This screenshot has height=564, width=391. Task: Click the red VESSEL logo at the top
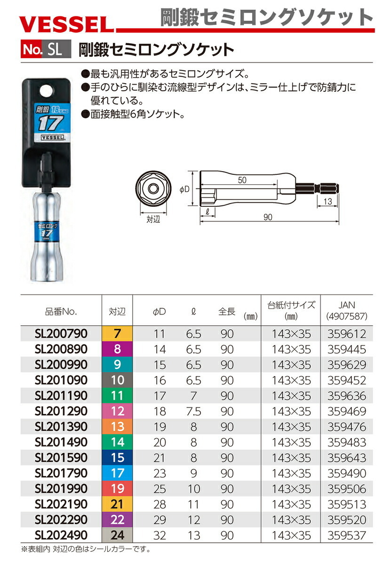coord(66,24)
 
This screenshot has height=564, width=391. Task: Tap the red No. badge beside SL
coord(31,49)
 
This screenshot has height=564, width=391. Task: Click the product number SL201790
coord(61,473)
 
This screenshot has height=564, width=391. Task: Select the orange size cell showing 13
coord(117,427)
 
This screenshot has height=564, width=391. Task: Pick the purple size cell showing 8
coord(117,349)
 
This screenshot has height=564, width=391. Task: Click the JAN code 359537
coord(347,535)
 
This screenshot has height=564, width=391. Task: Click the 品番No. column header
coord(61,312)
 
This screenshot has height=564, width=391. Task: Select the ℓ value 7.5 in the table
coord(193,411)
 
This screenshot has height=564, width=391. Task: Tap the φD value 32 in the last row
coord(160,535)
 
